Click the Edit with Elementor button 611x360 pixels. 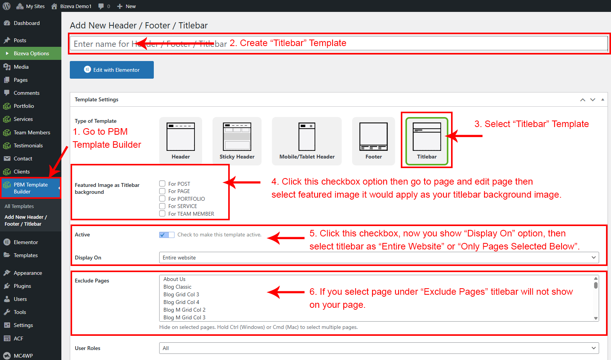pos(112,70)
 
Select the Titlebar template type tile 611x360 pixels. pos(427,141)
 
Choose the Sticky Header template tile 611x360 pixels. pos(237,141)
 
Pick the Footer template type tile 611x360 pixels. pos(374,141)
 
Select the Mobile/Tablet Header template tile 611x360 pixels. pos(306,141)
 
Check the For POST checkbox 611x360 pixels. pos(162,183)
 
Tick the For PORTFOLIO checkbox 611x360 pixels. pos(162,198)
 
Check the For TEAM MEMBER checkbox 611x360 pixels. pos(162,213)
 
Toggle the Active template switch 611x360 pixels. pos(167,235)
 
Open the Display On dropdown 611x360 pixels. pos(379,258)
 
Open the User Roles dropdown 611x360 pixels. pos(379,348)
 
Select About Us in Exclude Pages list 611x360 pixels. pos(174,279)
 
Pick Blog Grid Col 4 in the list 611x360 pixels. pos(181,302)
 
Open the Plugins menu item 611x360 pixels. pos(22,286)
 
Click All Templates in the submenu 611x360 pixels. pos(19,206)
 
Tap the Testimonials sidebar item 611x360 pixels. pos(28,145)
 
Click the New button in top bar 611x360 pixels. pos(126,6)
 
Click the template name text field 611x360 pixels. pos(339,44)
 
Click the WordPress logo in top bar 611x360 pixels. pos(7,6)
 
